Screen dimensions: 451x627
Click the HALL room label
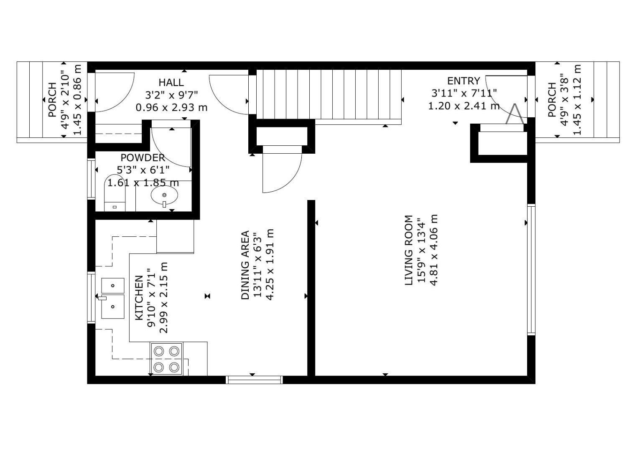point(171,82)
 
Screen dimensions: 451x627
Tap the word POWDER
point(143,158)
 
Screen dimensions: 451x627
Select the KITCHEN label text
point(139,298)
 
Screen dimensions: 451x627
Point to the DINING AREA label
point(245,265)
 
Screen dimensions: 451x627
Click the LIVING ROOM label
point(409,250)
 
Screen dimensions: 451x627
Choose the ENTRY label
point(464,81)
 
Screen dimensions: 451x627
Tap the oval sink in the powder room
point(164,195)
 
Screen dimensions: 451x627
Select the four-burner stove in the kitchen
point(166,359)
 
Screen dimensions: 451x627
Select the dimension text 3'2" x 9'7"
point(171,95)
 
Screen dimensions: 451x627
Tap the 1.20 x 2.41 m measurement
point(464,106)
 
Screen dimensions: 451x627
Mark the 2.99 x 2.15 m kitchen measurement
point(164,298)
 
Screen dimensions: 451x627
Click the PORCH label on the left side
point(52,100)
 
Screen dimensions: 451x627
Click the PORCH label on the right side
point(552,100)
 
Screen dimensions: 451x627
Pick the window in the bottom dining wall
point(254,380)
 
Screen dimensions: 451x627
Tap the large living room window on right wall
point(531,269)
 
